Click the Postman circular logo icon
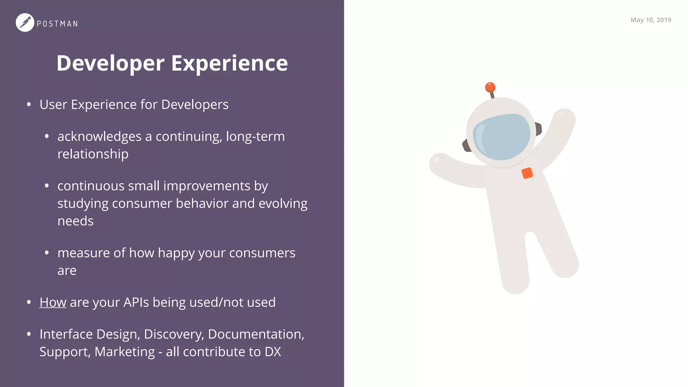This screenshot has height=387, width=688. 25,23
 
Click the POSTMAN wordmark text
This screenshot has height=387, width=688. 57,24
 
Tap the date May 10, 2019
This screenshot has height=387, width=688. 650,20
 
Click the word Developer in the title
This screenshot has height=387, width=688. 111,63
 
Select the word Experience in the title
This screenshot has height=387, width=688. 229,63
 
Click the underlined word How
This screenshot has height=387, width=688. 53,302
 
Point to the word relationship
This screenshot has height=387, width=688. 93,154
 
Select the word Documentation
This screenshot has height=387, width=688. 256,334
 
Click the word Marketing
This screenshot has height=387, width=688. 125,352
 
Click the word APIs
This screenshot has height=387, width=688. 136,302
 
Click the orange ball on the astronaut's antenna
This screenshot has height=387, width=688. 490,87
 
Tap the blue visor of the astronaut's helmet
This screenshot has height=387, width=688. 501,136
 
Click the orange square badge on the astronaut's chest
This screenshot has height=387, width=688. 527,173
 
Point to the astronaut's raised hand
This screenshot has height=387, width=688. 564,116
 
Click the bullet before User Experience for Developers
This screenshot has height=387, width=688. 29,104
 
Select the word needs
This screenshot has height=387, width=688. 75,221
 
